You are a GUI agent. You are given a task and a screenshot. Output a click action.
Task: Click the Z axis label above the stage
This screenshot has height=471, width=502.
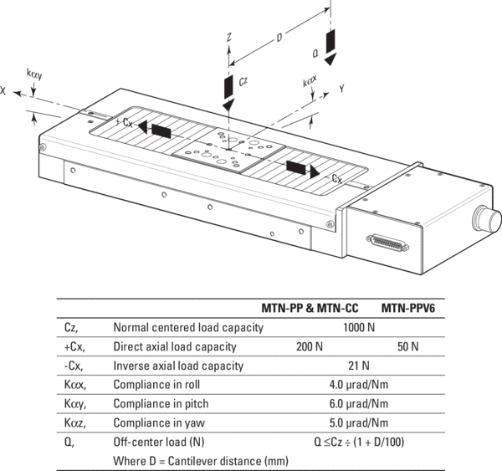(228, 38)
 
